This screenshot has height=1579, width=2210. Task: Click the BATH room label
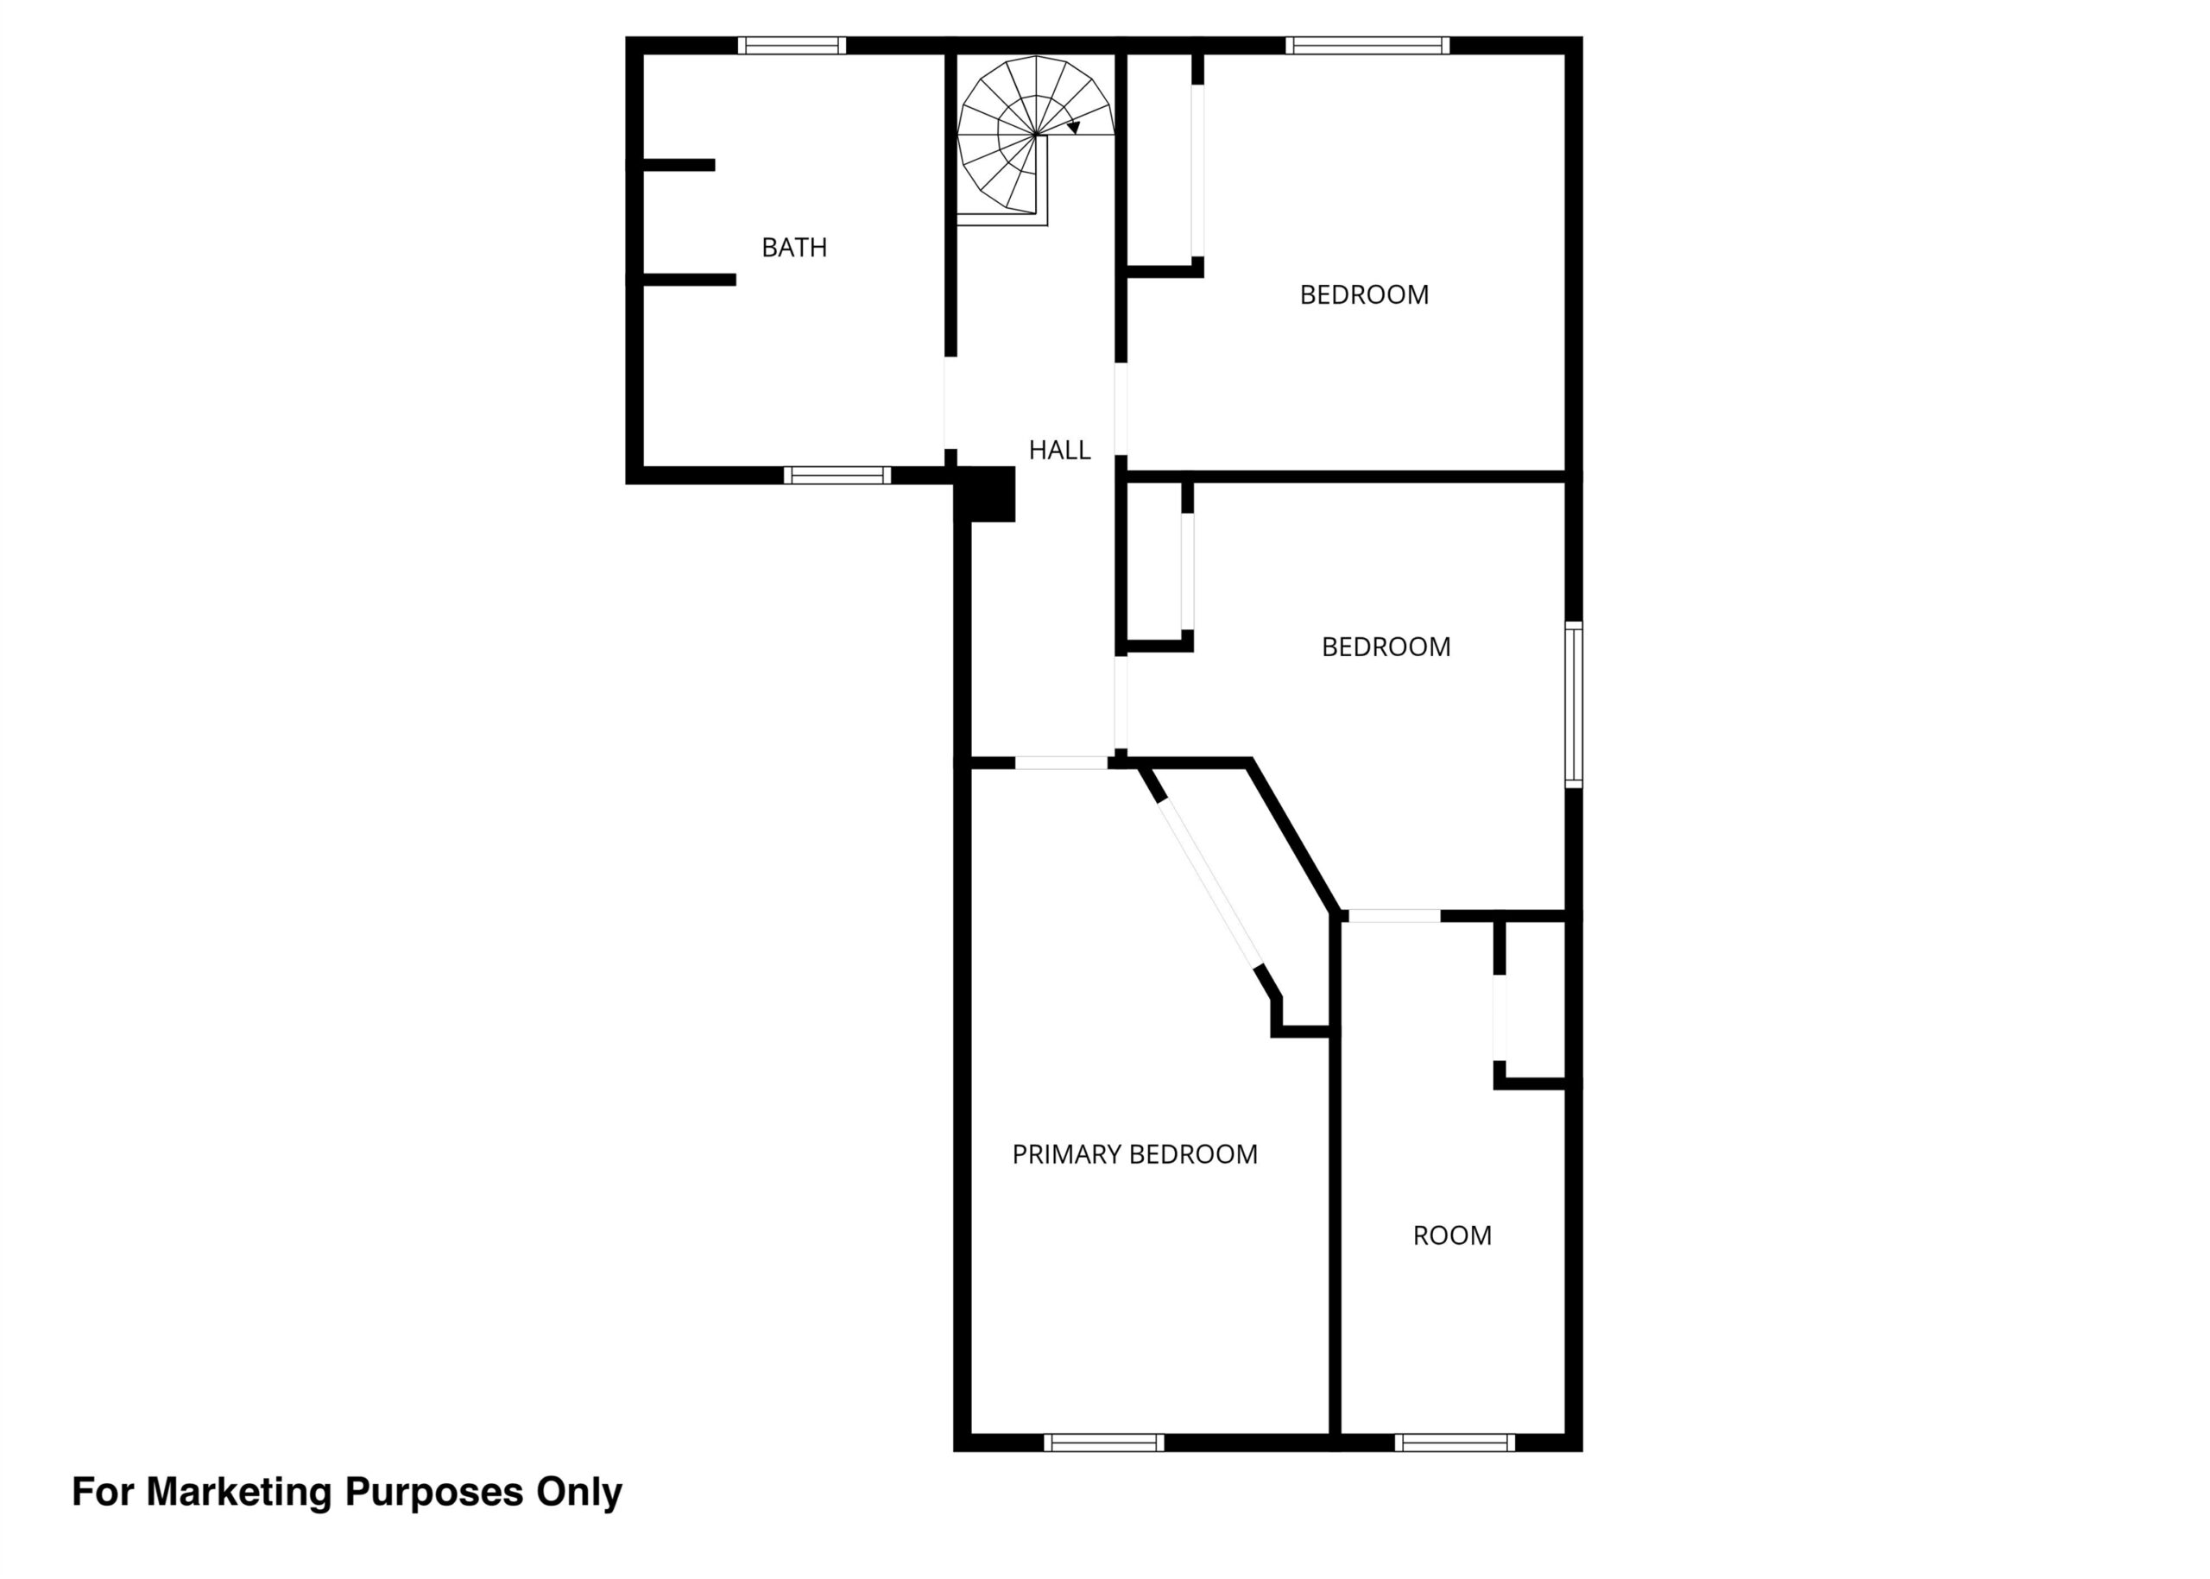(793, 248)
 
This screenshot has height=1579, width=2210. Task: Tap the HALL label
(1059, 450)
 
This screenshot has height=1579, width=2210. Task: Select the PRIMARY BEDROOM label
(1134, 1154)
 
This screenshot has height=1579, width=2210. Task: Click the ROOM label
(1452, 1235)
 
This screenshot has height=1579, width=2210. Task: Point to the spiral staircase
(1034, 136)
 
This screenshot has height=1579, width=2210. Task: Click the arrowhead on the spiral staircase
(1073, 126)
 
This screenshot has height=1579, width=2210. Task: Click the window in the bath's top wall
(792, 45)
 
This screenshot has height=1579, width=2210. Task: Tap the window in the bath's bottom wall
(837, 476)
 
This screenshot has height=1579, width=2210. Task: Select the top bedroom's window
(1367, 45)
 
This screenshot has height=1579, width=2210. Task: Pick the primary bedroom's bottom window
(1103, 1443)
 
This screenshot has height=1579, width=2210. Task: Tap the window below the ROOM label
(1455, 1443)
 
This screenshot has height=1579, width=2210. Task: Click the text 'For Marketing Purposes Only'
(347, 1493)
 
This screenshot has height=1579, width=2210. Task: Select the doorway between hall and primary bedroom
(1062, 763)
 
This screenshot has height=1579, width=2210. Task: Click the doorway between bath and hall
(950, 403)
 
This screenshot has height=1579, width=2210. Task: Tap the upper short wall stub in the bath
(679, 165)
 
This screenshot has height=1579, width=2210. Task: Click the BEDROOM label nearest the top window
(1364, 294)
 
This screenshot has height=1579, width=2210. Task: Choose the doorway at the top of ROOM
(1394, 916)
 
